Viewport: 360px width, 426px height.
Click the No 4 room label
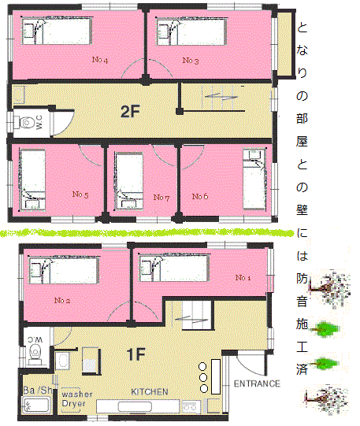click(100, 60)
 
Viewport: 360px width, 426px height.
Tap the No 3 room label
click(191, 61)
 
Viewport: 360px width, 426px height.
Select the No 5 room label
click(80, 194)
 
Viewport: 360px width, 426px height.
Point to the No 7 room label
click(161, 197)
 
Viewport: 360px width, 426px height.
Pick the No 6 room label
click(200, 196)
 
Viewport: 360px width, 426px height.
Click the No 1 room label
click(243, 278)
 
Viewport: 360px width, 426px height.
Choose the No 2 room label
click(62, 301)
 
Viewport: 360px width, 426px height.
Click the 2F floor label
click(131, 111)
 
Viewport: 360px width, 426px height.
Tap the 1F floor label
click(135, 354)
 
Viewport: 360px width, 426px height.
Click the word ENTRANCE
click(257, 383)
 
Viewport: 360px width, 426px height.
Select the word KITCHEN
click(150, 391)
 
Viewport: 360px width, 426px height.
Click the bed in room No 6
click(254, 180)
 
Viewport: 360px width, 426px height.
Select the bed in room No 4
click(57, 31)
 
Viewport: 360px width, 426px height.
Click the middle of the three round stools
click(202, 377)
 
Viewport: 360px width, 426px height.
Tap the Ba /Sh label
click(38, 390)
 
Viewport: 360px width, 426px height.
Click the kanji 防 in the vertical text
click(302, 278)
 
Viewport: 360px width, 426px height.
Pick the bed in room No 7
click(129, 181)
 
